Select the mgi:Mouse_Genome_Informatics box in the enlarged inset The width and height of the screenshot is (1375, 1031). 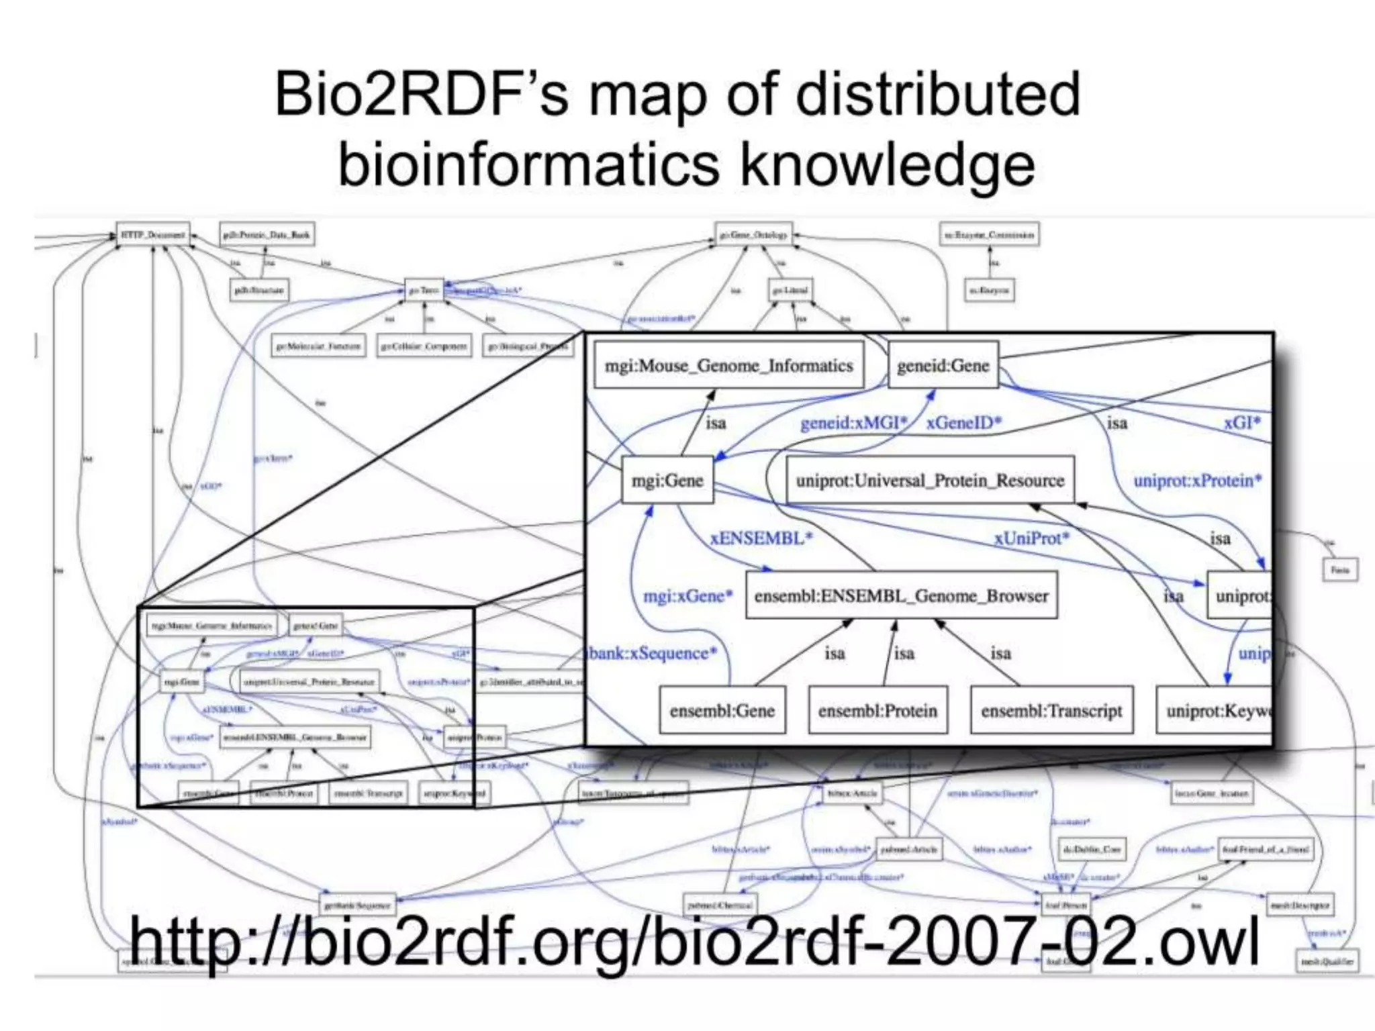point(728,366)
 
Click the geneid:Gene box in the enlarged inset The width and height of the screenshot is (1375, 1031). point(943,366)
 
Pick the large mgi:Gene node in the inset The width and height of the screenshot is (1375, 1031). point(667,481)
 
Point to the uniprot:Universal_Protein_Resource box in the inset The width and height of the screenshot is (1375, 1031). point(930,481)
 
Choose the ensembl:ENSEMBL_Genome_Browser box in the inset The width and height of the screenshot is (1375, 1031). point(901,596)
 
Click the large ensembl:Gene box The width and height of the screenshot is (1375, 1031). point(722,711)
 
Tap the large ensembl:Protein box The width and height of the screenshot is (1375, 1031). point(878,711)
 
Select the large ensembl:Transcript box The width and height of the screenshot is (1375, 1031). point(1051,711)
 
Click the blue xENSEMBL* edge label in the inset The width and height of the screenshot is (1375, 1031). point(761,538)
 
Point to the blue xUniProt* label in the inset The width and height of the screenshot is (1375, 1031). point(1031,538)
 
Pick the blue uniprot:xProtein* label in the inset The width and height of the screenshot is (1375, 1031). point(1197,481)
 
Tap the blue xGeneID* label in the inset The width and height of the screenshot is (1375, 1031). point(963,423)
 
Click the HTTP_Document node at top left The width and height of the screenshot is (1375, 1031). point(153,235)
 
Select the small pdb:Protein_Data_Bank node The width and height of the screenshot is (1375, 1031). point(267,235)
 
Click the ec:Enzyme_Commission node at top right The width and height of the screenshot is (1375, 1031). point(989,235)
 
